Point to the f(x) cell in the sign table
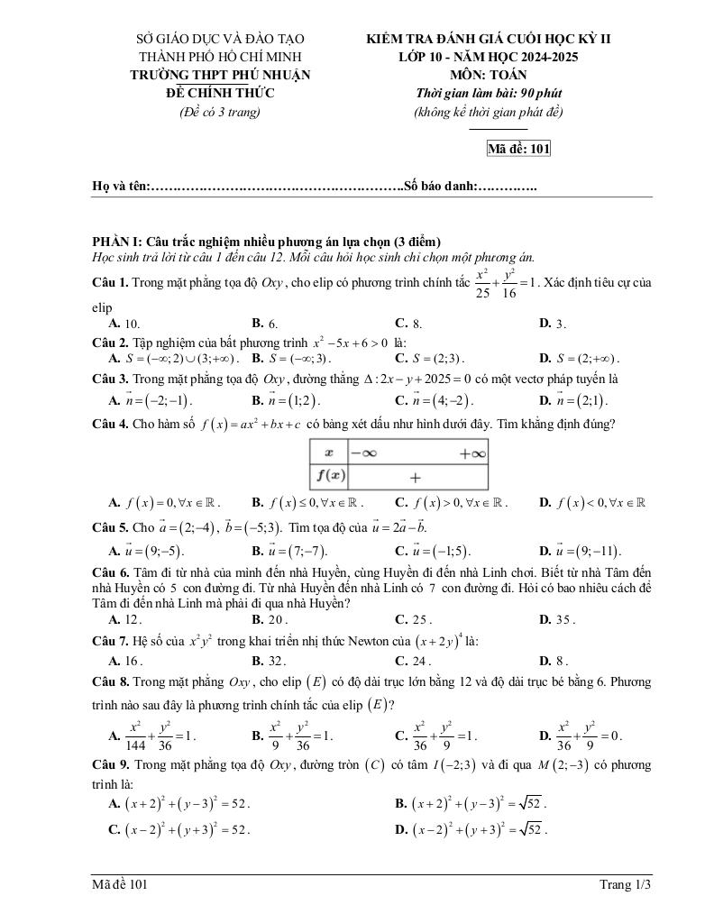[328, 475]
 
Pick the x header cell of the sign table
[328, 452]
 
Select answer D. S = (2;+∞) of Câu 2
[578, 358]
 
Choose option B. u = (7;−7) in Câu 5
[288, 551]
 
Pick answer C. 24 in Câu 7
[413, 660]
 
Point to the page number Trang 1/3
[625, 885]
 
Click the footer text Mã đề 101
[119, 885]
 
